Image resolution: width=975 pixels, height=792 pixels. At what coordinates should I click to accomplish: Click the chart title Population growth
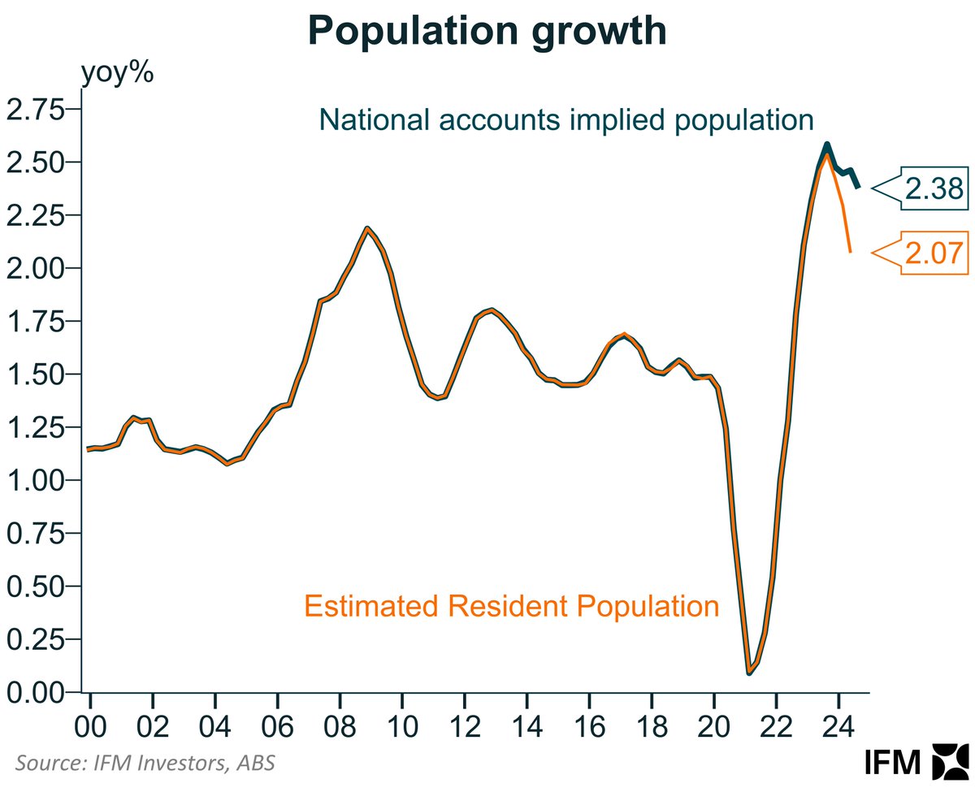487,32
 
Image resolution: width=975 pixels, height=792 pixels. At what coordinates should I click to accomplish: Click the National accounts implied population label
566,119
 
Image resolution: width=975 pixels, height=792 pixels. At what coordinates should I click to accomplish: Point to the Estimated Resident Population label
511,606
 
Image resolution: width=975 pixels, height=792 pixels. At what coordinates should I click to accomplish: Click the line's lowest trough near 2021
748,673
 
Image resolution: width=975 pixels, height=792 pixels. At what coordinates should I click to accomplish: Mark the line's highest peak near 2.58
826,145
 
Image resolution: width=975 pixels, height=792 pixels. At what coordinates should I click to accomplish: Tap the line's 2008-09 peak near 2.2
367,228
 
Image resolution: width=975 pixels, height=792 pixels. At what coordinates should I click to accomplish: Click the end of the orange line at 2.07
851,251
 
